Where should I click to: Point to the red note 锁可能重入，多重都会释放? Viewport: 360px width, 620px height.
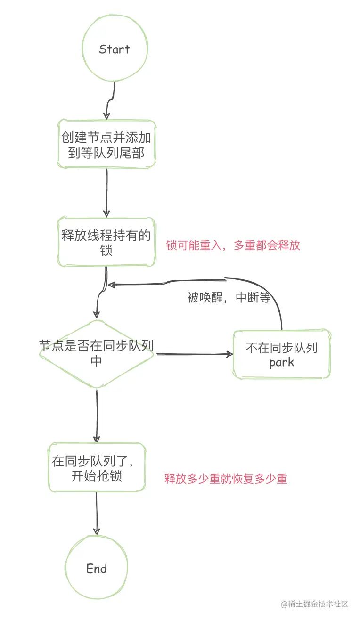point(233,245)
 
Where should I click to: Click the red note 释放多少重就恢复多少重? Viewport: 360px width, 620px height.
point(226,479)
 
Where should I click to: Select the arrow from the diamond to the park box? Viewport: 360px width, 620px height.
point(195,354)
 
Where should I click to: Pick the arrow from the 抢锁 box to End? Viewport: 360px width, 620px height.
point(97,514)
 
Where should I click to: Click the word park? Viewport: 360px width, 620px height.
point(282,362)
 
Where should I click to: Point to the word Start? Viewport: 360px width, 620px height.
point(115,49)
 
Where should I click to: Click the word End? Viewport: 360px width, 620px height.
point(97,569)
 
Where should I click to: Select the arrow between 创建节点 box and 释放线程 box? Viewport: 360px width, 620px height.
point(106,193)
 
